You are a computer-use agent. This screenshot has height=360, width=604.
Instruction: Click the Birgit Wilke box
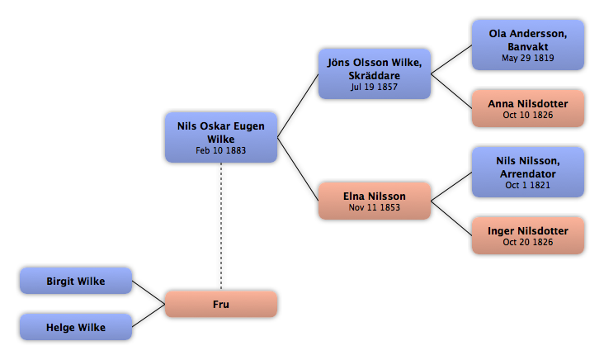tap(76, 281)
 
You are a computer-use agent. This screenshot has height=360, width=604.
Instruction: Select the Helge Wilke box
tap(76, 327)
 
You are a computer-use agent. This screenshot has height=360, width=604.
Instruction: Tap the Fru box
tap(221, 304)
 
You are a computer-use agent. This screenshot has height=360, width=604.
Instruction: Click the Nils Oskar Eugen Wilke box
tap(221, 137)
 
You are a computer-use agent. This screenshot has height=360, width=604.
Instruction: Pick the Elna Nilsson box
tap(375, 201)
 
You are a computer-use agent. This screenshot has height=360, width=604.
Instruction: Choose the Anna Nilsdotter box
tap(528, 108)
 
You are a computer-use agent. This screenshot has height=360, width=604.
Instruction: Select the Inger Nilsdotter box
tap(528, 235)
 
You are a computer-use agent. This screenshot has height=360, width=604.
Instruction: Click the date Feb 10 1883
tap(220, 150)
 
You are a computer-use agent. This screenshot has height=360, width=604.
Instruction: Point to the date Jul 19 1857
tap(374, 87)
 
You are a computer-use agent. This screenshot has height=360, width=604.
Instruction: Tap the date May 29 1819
tap(528, 58)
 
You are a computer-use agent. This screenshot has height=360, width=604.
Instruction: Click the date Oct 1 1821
tap(528, 185)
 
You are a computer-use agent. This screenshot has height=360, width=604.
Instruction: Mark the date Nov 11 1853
tap(375, 207)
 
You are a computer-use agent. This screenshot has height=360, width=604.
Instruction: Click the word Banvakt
tap(528, 46)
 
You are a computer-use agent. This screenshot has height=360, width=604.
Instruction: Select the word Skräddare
tap(375, 75)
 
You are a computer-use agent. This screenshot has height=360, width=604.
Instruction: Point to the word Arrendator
tap(528, 174)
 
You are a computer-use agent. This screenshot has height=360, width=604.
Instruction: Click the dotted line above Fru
tap(221, 226)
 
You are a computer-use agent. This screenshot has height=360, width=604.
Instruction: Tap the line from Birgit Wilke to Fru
tap(149, 292)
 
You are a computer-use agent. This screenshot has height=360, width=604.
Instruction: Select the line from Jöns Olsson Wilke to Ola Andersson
tap(451, 59)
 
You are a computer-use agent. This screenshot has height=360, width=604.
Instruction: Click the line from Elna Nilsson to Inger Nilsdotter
tap(451, 218)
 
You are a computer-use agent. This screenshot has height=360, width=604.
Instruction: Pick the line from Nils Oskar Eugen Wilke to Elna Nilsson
tap(298, 169)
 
